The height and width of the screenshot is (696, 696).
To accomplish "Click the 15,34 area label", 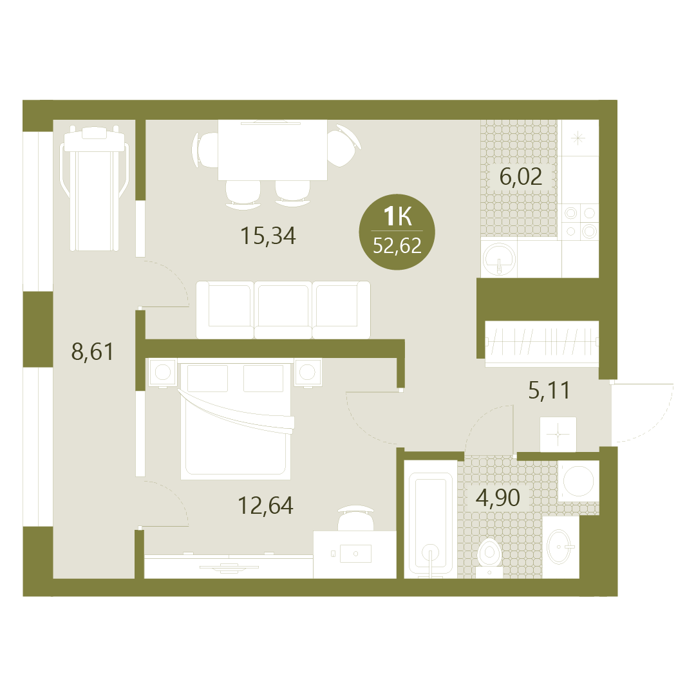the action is point(268,236).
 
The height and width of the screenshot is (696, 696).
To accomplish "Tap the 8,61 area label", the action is point(92,352).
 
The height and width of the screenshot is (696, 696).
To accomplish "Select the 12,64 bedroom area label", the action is point(265,505).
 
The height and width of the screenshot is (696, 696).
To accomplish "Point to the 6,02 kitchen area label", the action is point(521,176).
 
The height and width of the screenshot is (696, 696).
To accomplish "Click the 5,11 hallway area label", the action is point(549,391).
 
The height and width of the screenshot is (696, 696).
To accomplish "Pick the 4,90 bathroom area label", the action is point(498,498).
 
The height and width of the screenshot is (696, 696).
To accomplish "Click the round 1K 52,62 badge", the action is point(397,232).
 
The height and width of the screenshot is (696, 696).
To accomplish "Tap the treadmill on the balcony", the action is point(94,189).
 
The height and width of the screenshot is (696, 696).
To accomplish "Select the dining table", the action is point(272,150).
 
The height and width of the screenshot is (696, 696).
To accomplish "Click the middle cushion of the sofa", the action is point(283,310).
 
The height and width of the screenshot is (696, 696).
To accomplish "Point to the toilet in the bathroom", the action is point(489,558).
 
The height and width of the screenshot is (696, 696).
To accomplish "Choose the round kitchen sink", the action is point(500,258).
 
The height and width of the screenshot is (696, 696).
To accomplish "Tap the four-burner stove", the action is point(580,222).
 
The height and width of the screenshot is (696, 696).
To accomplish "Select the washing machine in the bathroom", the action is point(578,481).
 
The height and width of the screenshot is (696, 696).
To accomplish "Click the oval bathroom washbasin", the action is point(561,547).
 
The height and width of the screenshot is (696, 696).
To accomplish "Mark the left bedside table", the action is point(162,372).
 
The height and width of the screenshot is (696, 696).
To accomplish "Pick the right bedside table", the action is point(308,372).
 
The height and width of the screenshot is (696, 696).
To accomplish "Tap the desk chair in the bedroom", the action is point(355,518).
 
